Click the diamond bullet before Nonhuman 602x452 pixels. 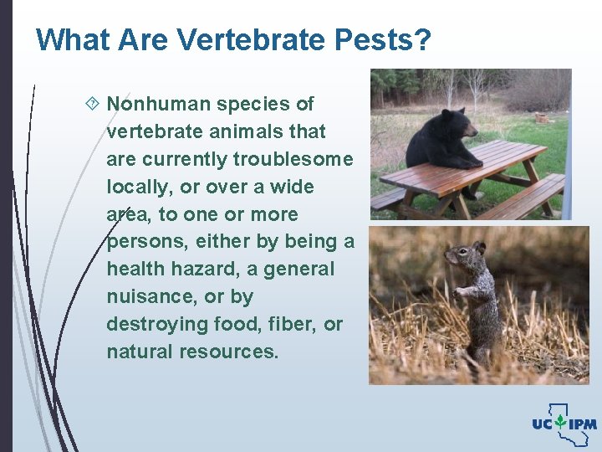(92, 104)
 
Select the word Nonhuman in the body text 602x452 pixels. (159, 104)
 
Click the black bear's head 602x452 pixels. (456, 125)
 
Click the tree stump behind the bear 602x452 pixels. (541, 118)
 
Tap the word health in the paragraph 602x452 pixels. (135, 270)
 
